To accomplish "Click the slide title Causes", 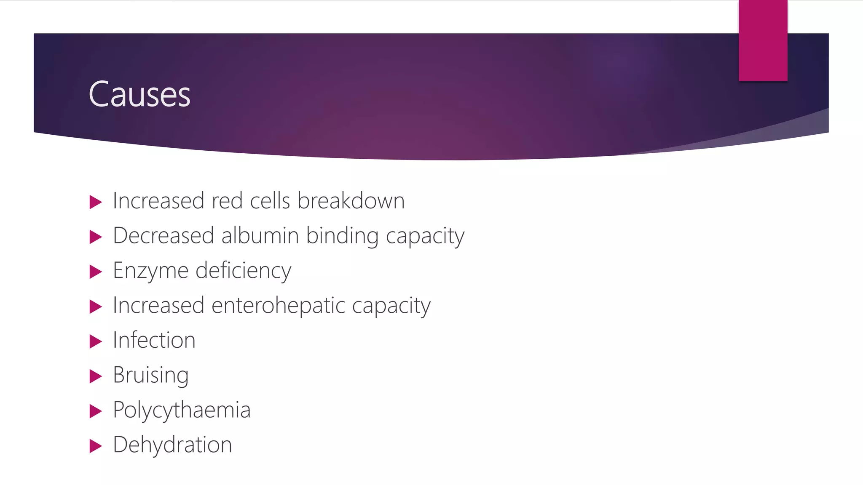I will (x=139, y=94).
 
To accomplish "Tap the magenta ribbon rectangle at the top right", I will (x=763, y=40).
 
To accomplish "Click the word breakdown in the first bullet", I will (x=351, y=201).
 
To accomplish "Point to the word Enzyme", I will (x=150, y=271).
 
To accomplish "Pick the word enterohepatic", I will (x=278, y=305).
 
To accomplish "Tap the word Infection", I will (x=154, y=340).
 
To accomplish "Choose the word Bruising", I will (x=150, y=375).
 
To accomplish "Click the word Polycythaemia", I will (x=182, y=410).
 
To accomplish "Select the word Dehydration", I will (x=172, y=445).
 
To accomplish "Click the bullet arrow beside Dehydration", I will (x=96, y=446).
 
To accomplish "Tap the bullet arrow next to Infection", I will (x=96, y=341).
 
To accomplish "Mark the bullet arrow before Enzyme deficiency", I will (x=96, y=272).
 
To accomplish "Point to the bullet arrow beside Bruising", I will (x=96, y=376).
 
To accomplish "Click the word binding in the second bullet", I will (x=342, y=235).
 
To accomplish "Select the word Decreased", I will (x=163, y=235).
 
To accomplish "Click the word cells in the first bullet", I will (x=270, y=201).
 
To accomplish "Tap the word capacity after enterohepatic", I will (x=391, y=306).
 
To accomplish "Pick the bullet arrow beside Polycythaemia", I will (x=96, y=411).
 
